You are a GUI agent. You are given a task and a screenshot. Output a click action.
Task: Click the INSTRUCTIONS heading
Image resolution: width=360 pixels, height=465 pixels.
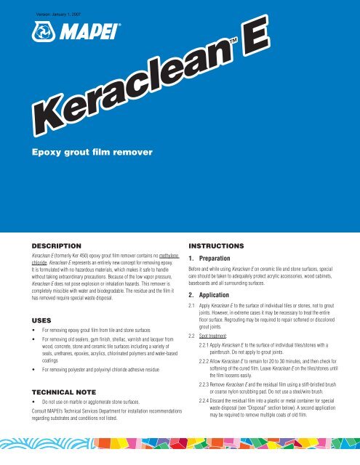(222, 247)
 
